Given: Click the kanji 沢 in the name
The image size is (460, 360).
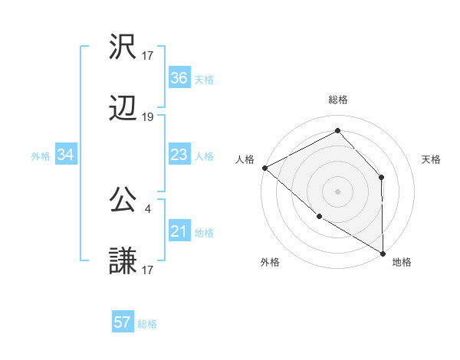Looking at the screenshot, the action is [123, 47].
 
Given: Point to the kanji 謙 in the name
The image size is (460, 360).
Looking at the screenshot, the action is [123, 261].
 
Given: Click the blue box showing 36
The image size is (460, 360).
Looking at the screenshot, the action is [179, 78].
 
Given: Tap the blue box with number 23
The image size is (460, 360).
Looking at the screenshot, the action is [179, 155].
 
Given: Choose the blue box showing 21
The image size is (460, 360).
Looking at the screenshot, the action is [179, 231].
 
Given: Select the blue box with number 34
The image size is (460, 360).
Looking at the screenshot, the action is [65, 155].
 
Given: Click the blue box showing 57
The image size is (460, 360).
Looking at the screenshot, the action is [123, 322].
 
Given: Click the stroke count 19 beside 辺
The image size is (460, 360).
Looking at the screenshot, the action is [148, 117].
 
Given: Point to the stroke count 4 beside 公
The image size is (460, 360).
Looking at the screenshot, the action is [147, 208].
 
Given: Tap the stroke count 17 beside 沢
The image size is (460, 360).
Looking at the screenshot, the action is [148, 55].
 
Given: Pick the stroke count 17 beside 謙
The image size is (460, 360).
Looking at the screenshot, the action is [148, 270].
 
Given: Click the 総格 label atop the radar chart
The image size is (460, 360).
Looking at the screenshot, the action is [338, 100].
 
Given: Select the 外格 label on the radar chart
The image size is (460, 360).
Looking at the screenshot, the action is [270, 263].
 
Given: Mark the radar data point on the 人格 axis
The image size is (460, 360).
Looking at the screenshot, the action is [264, 168].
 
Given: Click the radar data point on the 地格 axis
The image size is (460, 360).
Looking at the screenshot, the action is [383, 253].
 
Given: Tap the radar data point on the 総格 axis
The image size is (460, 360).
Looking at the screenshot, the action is [337, 130].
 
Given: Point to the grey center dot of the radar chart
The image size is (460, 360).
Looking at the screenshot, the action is [337, 191].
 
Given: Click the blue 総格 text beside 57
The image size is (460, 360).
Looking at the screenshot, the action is [147, 324].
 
